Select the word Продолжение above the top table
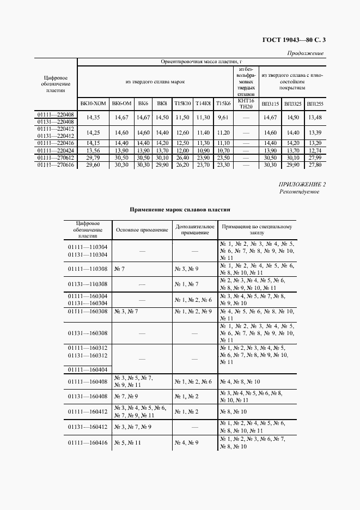(305, 53)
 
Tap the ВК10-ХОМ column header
(93, 103)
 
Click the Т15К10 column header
(182, 103)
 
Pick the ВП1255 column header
(315, 103)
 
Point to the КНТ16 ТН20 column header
(246, 103)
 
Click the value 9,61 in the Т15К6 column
(223, 118)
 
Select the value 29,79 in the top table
(93, 157)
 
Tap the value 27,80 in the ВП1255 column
(315, 165)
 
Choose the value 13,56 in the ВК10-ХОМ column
(93, 150)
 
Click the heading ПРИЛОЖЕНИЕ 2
(302, 185)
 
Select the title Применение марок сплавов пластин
(180, 209)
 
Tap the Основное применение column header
(142, 230)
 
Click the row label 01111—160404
(87, 369)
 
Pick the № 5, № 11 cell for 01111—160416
(127, 443)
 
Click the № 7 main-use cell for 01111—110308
(119, 269)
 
